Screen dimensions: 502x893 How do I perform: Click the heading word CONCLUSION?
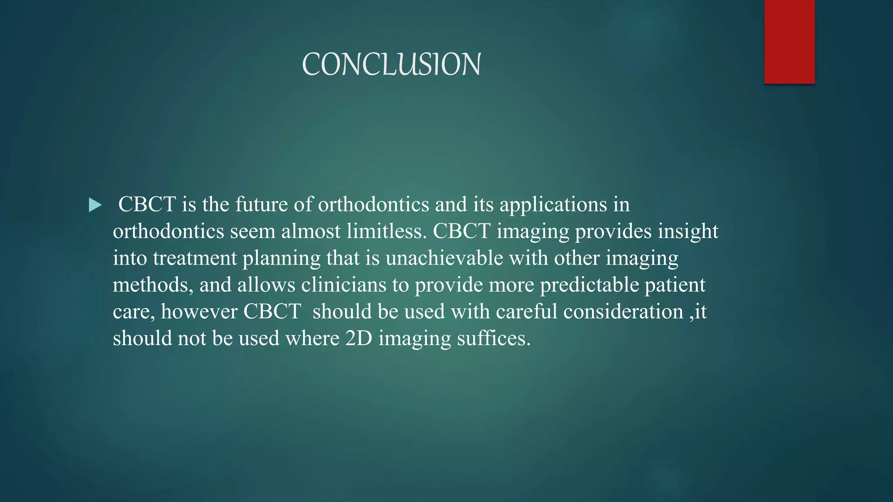pyautogui.click(x=391, y=64)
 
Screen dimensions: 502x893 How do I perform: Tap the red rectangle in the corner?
pyautogui.click(x=789, y=41)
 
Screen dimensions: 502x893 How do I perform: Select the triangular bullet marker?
pyautogui.click(x=95, y=205)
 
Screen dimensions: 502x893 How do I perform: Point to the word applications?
pyautogui.click(x=553, y=205)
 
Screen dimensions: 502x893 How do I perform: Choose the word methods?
pyautogui.click(x=153, y=285)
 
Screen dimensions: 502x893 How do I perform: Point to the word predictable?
pyautogui.click(x=589, y=285)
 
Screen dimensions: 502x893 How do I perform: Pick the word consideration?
pyautogui.click(x=623, y=312)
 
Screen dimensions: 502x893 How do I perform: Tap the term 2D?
pyautogui.click(x=358, y=339)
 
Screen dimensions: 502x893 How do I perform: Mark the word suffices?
pyautogui.click(x=493, y=339)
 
